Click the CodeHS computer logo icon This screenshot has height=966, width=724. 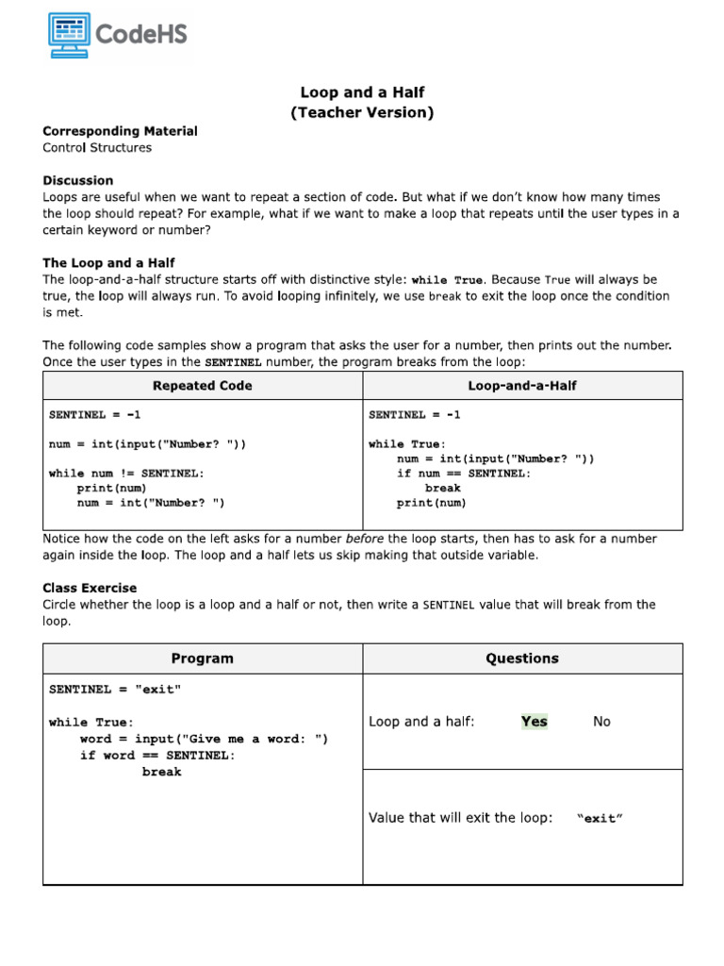[x=69, y=35]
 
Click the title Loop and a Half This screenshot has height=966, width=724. [x=362, y=92]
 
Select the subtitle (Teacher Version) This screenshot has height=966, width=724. [x=362, y=113]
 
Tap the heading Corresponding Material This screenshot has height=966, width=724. [x=120, y=131]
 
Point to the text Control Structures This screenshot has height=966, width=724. [x=96, y=148]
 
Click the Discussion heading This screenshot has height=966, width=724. [x=77, y=180]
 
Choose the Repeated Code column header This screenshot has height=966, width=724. [x=203, y=386]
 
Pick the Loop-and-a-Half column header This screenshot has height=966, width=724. [x=522, y=386]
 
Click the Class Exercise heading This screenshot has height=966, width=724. [x=90, y=588]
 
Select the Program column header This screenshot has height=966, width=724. [x=203, y=658]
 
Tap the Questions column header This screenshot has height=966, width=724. [x=522, y=658]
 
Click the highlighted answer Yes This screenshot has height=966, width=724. [x=535, y=722]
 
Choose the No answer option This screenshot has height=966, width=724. [x=601, y=722]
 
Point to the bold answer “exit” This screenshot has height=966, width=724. [x=600, y=819]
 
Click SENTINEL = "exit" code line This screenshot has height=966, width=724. [x=115, y=690]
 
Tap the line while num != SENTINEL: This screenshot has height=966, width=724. [x=126, y=474]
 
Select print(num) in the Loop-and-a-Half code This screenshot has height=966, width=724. [x=431, y=503]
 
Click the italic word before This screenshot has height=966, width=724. [x=366, y=539]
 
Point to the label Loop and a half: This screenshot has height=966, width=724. [x=421, y=722]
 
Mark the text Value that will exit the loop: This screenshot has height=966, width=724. [x=460, y=818]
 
